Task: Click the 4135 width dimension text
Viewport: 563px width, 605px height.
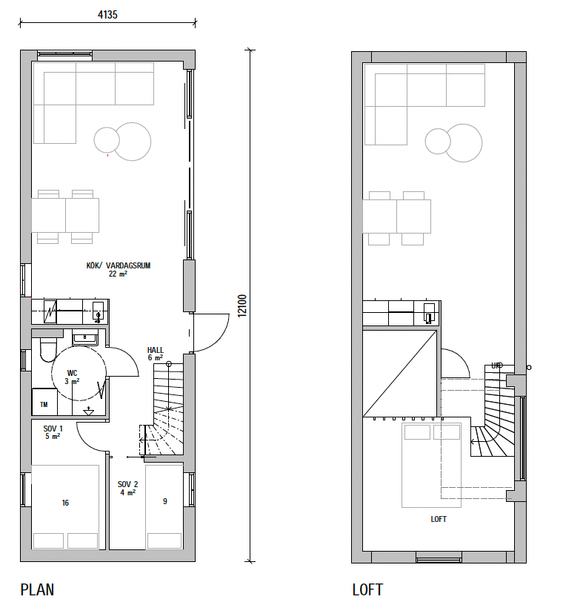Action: point(107,15)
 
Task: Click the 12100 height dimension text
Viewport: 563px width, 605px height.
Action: point(241,306)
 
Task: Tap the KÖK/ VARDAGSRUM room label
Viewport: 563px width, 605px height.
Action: point(119,265)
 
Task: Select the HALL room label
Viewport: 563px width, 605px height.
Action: point(155,350)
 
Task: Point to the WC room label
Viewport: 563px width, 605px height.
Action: point(72,373)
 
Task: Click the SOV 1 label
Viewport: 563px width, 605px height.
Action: point(53,429)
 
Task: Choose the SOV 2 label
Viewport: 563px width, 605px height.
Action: point(127,484)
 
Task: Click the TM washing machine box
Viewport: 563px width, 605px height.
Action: point(44,402)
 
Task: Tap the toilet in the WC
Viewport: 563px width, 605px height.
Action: point(48,349)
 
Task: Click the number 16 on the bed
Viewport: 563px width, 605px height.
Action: point(65,503)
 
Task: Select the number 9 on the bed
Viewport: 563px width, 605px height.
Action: point(165,501)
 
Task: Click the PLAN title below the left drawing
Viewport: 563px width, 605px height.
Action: point(37,589)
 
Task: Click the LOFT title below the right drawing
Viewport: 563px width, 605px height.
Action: point(367,589)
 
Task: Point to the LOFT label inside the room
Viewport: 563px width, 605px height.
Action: point(439,519)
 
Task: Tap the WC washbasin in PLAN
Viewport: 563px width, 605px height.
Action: point(85,338)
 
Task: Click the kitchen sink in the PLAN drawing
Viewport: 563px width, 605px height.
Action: point(98,311)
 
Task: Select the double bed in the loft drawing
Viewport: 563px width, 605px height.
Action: point(431,466)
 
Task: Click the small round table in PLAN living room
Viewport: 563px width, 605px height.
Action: point(107,139)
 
